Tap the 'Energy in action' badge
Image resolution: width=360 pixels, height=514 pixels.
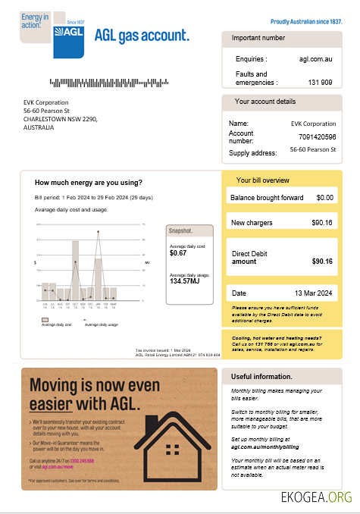point(36,22)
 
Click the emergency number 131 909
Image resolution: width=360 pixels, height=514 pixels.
point(320,82)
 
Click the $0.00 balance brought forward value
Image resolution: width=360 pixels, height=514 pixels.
point(324,198)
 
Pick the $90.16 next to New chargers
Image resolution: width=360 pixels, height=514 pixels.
point(322,223)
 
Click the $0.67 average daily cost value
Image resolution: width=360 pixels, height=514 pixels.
point(179,254)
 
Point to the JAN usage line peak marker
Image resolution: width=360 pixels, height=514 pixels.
point(98,232)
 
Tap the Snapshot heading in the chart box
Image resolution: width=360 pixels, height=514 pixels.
point(181,230)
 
